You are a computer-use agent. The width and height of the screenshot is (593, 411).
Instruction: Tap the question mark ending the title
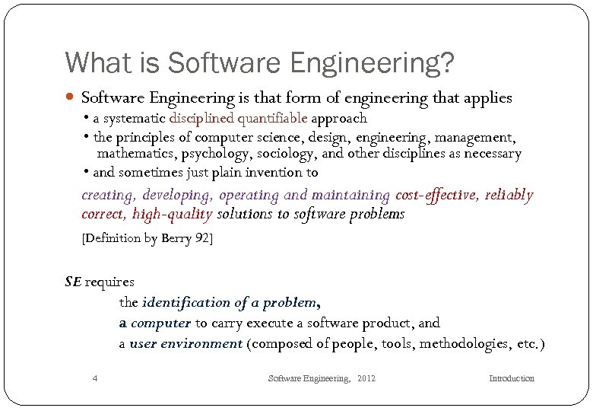pos(447,62)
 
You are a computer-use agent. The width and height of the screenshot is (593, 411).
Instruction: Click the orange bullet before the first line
pos(71,98)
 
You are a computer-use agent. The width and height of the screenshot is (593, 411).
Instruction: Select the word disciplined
pos(201,118)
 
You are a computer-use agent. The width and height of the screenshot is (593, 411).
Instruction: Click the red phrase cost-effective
pos(436,196)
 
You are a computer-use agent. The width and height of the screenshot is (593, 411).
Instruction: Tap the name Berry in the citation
pos(178,238)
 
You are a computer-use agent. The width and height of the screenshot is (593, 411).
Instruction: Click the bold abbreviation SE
pos(73,282)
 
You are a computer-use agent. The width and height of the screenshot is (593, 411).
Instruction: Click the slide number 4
pos(94,378)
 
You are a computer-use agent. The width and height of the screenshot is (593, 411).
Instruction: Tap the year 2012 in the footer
pos(366,378)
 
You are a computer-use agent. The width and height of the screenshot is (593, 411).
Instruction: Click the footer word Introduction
pos(512,378)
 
